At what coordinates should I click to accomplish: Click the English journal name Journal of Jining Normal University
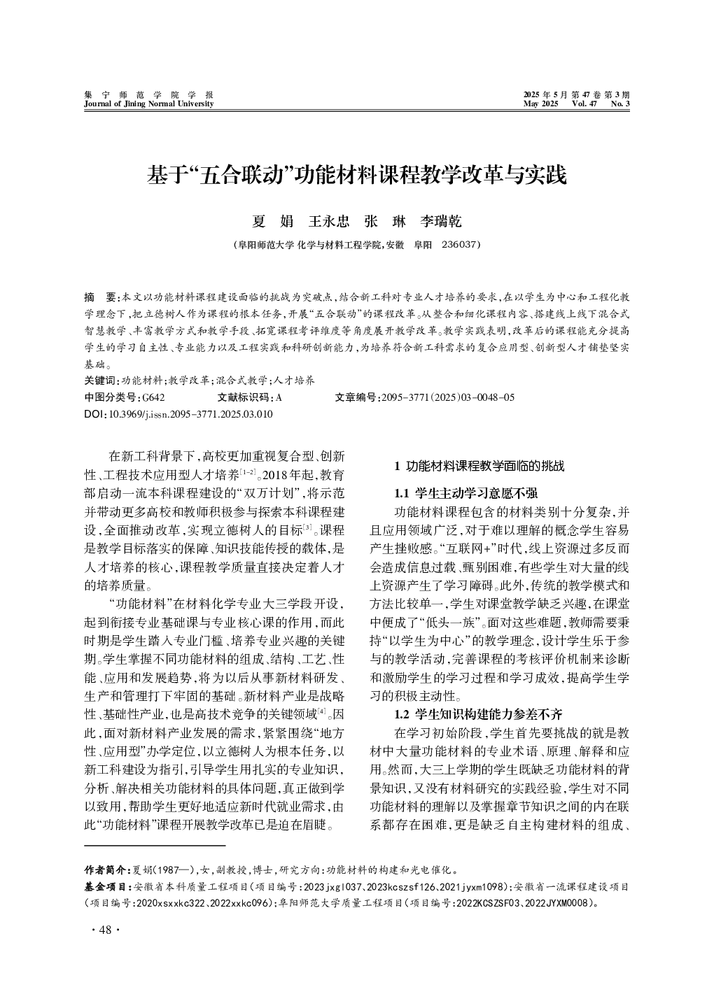(148, 104)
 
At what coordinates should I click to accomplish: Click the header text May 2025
(540, 104)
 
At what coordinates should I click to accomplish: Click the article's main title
(356, 175)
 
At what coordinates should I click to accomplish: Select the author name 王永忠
(329, 222)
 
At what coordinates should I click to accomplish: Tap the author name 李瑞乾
(441, 222)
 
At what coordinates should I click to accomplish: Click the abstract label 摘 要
(101, 297)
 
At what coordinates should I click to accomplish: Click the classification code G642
(153, 397)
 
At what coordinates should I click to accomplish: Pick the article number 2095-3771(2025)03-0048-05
(447, 397)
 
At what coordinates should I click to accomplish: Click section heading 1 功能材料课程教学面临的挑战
(479, 466)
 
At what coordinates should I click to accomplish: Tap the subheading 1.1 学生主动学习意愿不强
(466, 493)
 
